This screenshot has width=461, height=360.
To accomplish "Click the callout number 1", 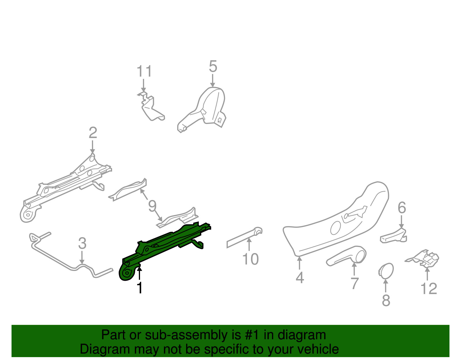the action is (139, 288).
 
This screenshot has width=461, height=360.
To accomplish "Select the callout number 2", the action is (93, 133).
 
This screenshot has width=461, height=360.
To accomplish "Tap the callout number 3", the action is (82, 243).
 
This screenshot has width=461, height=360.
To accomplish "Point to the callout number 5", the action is (213, 66).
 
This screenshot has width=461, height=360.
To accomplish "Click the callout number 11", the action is (144, 71).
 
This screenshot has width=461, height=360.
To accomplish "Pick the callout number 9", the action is (152, 206).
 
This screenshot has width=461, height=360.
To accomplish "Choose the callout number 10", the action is (250, 259).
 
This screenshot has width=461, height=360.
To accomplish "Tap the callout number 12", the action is (429, 289).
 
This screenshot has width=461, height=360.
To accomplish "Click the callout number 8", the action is (386, 300).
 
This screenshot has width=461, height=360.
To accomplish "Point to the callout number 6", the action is (402, 208).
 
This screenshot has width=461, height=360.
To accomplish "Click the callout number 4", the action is (300, 278).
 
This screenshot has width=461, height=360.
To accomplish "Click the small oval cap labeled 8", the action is (386, 270).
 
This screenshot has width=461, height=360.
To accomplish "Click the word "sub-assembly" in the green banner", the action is (193, 335).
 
